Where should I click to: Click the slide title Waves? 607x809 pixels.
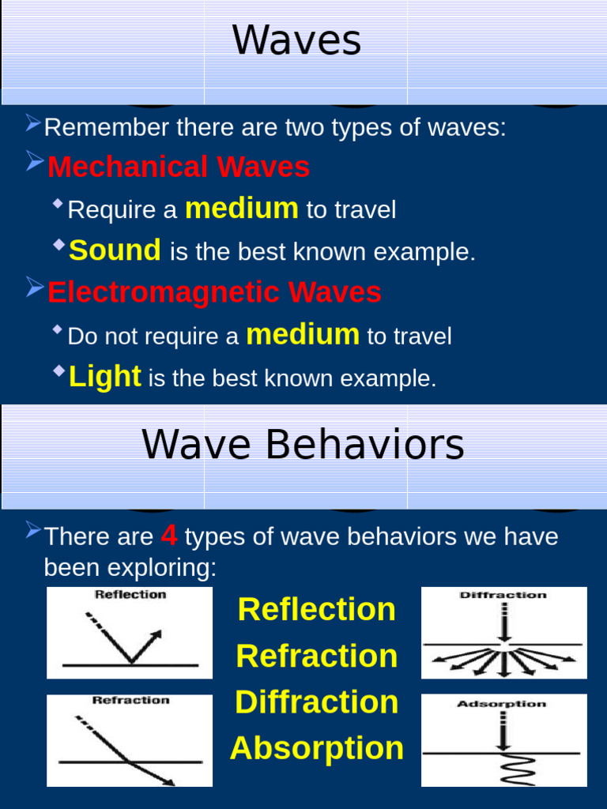click(x=296, y=41)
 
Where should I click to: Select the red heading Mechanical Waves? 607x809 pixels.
click(x=179, y=167)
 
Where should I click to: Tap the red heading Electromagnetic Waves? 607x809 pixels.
click(x=214, y=292)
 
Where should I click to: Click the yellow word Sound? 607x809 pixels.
click(x=115, y=250)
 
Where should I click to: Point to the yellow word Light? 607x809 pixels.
click(x=105, y=377)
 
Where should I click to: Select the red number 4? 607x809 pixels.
click(x=168, y=536)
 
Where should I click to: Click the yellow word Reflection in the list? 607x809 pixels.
click(x=316, y=609)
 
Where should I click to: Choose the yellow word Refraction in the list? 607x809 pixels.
click(x=316, y=656)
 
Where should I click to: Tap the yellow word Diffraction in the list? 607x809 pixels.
click(x=316, y=702)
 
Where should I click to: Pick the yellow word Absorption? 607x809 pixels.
click(x=316, y=748)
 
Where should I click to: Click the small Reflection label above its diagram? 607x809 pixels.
click(x=130, y=595)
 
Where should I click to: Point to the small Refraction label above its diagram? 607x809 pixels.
click(x=130, y=700)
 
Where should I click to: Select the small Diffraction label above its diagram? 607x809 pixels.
click(x=503, y=595)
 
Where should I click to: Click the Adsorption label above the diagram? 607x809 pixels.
click(x=501, y=704)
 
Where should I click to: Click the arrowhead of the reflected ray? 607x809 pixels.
click(x=156, y=634)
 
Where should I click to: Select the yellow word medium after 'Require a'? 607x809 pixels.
click(x=241, y=209)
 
